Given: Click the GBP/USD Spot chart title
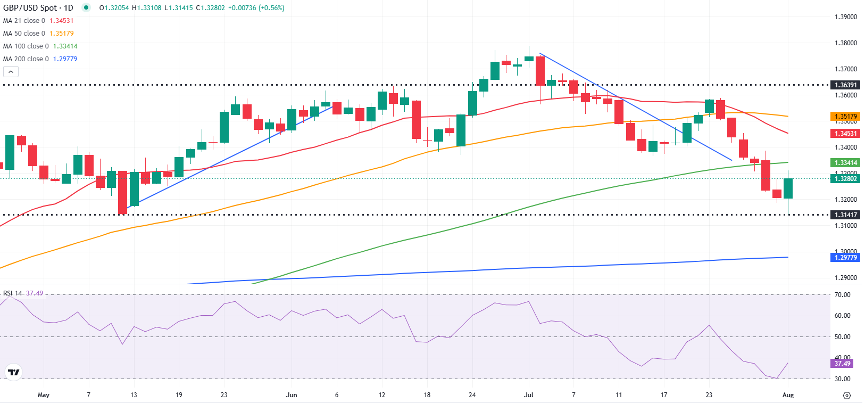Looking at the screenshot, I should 38,8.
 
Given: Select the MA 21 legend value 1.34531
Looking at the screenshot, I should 61,21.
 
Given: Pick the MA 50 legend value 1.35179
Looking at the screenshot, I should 61,34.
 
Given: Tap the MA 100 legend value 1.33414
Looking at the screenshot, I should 65,46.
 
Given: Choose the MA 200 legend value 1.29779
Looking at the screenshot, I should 65,59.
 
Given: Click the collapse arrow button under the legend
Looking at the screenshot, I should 11,72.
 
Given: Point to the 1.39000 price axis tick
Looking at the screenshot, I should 845,17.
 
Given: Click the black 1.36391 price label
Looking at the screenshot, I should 845,85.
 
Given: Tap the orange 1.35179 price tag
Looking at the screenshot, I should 845,117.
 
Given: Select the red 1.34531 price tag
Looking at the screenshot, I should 845,134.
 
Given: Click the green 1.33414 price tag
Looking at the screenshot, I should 845,163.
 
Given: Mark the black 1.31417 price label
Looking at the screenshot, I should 845,215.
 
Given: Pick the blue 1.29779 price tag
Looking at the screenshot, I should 845,258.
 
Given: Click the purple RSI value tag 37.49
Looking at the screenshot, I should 842,364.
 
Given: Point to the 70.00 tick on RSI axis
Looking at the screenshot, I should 842,295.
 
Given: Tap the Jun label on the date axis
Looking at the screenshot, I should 292,395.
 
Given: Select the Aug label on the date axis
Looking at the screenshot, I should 788,395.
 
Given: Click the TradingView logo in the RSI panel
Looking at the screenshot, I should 14,372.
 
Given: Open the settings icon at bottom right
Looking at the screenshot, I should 847,396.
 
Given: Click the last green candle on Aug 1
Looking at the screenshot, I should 788,188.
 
